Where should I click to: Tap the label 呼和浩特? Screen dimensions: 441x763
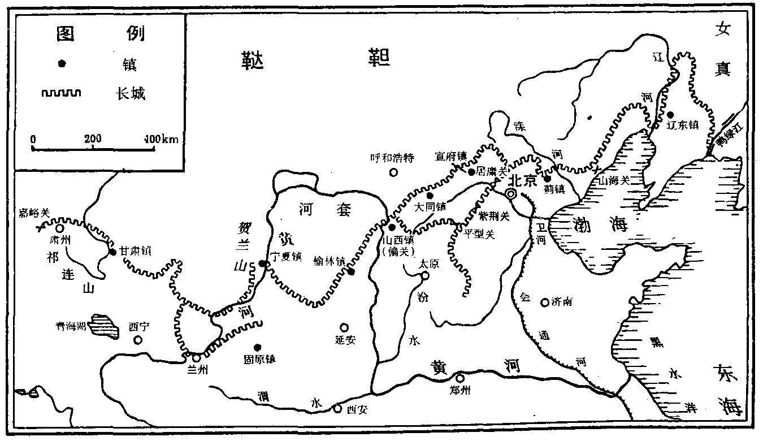[392, 158]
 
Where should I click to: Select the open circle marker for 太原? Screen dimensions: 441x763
[425, 276]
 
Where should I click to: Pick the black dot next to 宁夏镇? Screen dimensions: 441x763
[262, 263]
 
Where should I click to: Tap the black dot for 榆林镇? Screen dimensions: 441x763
[351, 272]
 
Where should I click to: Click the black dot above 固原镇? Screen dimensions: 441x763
[257, 347]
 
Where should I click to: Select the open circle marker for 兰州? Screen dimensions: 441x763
[196, 357]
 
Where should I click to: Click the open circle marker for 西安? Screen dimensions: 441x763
[337, 409]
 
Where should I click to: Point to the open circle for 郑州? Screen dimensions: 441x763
[460, 378]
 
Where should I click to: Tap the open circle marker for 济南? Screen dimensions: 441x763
[545, 302]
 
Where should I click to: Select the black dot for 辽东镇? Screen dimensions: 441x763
[670, 114]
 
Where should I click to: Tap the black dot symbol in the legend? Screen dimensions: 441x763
[62, 64]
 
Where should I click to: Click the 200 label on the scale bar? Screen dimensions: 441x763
[93, 139]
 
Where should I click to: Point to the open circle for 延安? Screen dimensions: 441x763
[344, 327]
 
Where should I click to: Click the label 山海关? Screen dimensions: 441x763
[615, 181]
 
